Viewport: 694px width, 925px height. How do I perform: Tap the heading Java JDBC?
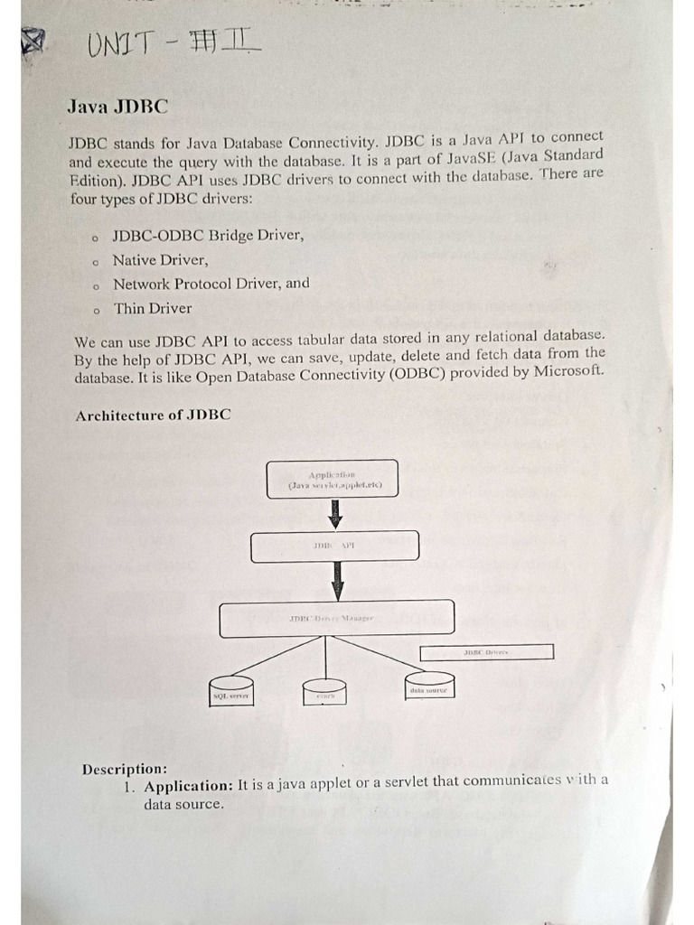pos(117,107)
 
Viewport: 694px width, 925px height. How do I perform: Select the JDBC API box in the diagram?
pos(334,547)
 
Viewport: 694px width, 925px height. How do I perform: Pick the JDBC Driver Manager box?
pos(336,619)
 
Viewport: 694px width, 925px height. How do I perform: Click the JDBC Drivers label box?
pos(487,651)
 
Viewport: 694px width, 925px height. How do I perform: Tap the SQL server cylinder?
pos(230,692)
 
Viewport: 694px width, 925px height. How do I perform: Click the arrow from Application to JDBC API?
pos(336,514)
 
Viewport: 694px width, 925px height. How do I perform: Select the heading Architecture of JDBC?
pos(153,416)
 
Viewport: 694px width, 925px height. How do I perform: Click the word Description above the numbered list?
pos(124,769)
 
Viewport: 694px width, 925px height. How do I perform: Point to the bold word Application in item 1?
pos(189,786)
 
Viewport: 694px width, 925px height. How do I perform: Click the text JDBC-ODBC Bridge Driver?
pos(208,236)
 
